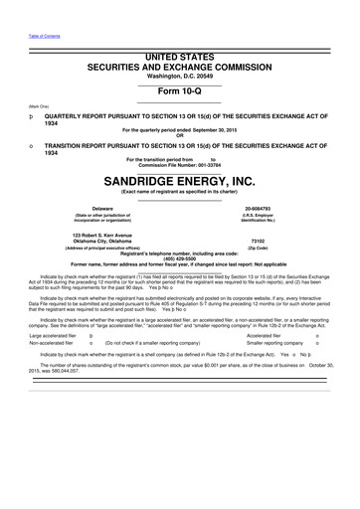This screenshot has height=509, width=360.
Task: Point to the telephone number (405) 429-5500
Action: pyautogui.click(x=179, y=260)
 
